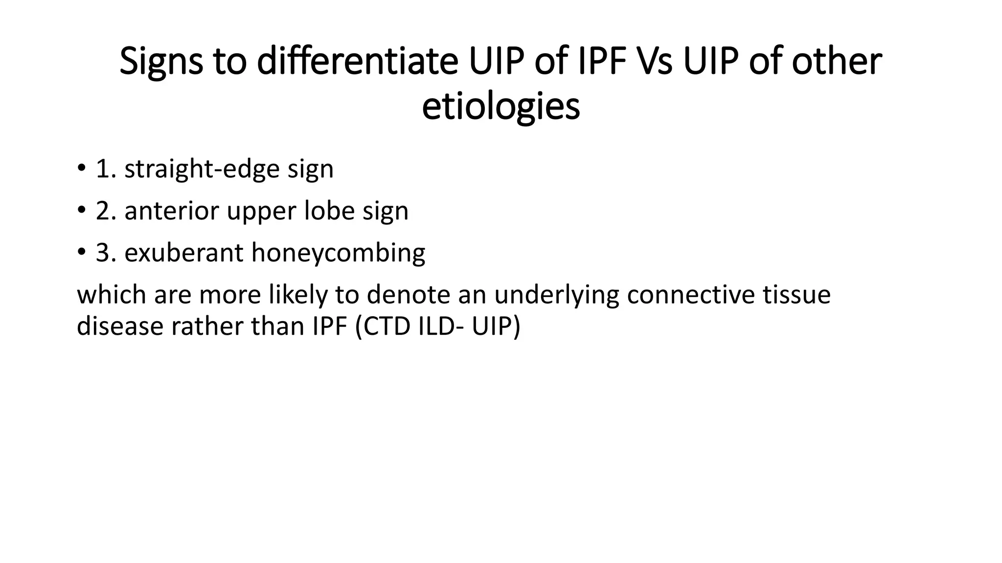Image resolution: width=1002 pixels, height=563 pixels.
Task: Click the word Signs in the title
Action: [x=161, y=62]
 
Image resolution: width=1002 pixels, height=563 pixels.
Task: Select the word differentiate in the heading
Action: [x=358, y=62]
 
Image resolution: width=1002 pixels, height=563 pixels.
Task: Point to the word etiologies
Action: [x=501, y=107]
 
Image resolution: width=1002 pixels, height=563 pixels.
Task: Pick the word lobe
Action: [x=329, y=211]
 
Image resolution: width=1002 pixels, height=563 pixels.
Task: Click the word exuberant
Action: [x=183, y=253]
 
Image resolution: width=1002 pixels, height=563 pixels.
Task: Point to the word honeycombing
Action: [x=338, y=253]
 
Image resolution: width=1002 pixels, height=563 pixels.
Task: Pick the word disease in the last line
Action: [x=120, y=326]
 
